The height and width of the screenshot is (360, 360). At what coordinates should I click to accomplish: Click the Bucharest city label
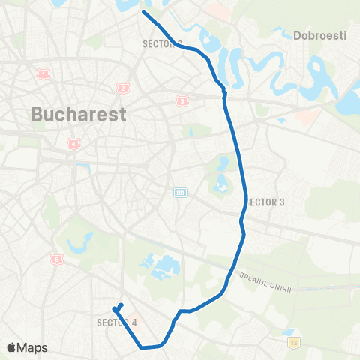click(79, 115)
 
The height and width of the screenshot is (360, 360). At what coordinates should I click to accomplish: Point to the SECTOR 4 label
click(118, 322)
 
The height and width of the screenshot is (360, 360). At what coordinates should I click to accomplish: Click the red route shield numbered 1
click(44, 73)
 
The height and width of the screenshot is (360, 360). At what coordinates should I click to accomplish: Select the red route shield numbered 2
click(122, 88)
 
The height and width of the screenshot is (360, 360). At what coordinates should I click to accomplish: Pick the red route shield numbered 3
click(181, 100)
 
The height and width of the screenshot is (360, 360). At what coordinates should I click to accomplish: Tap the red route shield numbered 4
click(73, 143)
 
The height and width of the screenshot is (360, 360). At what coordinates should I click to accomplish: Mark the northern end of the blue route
click(143, 12)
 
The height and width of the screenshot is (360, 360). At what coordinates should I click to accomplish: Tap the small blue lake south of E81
click(221, 183)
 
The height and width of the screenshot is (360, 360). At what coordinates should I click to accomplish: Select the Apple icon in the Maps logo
click(10, 347)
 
